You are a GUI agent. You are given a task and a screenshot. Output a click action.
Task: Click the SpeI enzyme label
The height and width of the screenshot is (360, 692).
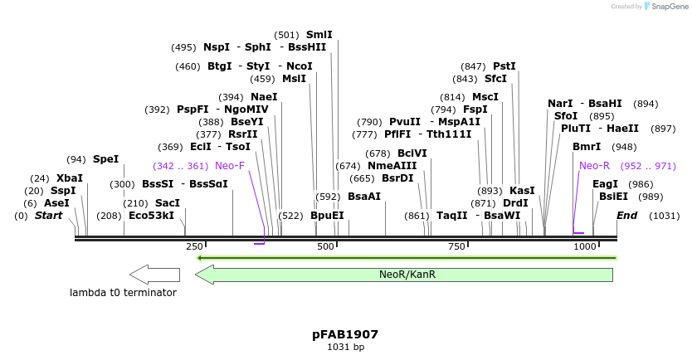(105, 159)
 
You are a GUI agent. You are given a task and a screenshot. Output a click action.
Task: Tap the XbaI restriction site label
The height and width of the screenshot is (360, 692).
(69, 178)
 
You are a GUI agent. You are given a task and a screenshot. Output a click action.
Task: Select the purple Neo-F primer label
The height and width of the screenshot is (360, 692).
(230, 166)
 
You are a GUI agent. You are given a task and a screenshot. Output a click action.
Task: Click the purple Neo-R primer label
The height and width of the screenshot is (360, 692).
(594, 166)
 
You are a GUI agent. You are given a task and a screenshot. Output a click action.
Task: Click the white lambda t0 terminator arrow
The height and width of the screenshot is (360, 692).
(155, 275)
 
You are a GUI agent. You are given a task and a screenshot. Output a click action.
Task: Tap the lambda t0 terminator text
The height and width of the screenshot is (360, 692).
(123, 293)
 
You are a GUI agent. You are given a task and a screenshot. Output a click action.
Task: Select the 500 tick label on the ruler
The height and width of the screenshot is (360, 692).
(324, 247)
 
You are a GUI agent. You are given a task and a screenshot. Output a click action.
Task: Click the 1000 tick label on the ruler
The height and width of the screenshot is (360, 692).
(585, 247)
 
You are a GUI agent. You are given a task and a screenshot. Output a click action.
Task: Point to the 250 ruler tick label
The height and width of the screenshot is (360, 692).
(194, 247)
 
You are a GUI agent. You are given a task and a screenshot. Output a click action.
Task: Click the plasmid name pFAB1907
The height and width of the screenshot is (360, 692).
(345, 334)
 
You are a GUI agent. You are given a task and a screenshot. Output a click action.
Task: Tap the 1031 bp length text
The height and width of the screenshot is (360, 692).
(345, 348)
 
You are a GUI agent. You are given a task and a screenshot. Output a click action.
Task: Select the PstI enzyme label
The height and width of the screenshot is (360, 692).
(504, 66)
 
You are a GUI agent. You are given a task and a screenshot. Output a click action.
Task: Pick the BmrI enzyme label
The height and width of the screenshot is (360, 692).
(587, 147)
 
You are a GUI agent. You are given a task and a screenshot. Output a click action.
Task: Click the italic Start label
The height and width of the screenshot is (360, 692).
(48, 216)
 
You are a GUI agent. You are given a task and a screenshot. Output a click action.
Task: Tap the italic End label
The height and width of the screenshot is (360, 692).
(627, 216)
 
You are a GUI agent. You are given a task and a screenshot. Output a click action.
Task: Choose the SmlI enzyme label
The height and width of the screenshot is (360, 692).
(319, 35)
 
